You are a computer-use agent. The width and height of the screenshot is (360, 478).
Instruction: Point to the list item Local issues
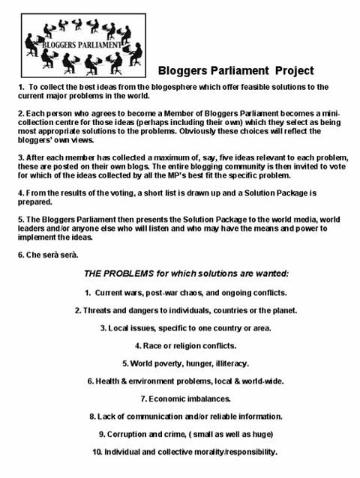tap(180, 328)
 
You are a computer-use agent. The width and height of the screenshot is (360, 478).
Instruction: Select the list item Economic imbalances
tap(180, 399)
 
